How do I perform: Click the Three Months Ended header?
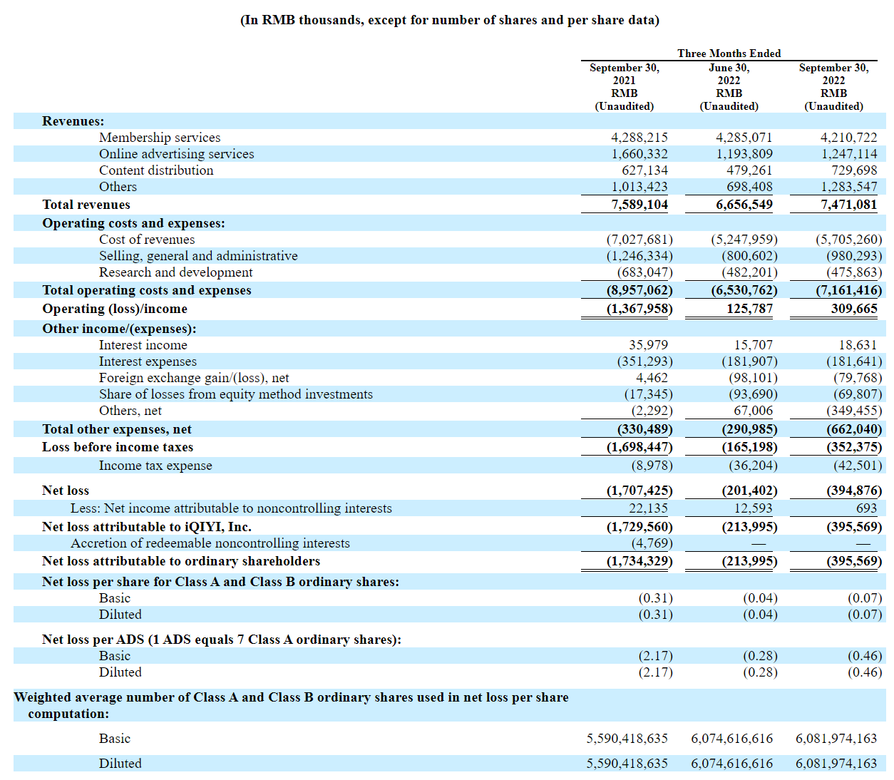tap(729, 53)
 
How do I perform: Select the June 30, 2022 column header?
tap(729, 86)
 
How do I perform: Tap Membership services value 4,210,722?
tap(848, 137)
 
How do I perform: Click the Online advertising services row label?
tap(176, 154)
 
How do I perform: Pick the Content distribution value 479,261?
tap(749, 170)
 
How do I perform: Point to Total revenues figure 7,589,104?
tap(639, 205)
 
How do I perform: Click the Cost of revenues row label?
tap(147, 240)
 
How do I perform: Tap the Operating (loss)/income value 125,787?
tap(749, 309)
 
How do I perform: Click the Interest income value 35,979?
tap(649, 345)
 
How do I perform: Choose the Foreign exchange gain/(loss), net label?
tap(194, 378)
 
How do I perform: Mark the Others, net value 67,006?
tap(753, 410)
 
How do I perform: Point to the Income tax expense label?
tap(155, 466)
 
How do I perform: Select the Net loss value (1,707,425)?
tap(639, 491)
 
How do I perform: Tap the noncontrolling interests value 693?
tap(866, 508)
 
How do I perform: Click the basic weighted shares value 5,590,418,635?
tap(627, 739)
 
